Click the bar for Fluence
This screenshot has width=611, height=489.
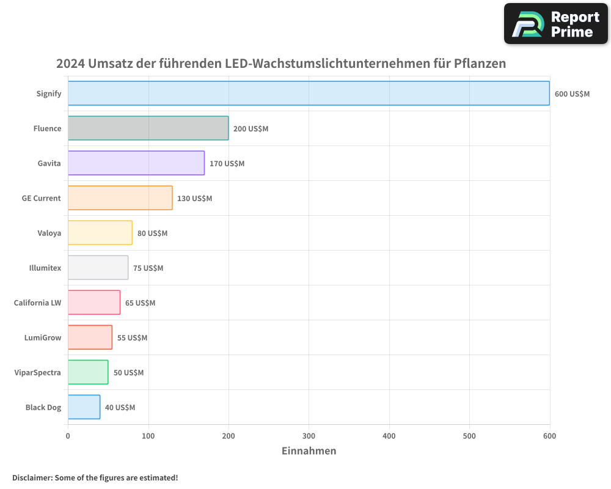pos(148,128)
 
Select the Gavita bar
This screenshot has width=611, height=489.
pos(136,163)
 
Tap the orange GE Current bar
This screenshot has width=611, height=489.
pos(120,198)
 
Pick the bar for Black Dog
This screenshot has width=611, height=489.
pos(84,407)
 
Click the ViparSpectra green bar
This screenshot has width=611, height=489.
pos(88,372)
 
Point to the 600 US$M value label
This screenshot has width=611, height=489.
pos(572,94)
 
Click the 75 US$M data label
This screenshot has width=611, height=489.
pos(148,268)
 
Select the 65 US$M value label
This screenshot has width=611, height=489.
pos(141,303)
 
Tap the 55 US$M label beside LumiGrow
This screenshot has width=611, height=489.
pos(133,337)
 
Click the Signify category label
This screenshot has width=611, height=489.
pos(49,94)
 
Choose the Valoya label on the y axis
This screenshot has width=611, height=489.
pos(49,233)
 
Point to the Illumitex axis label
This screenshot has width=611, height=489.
pos(45,268)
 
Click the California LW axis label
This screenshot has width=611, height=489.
pos(38,303)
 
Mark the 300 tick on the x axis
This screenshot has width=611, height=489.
pos(309,436)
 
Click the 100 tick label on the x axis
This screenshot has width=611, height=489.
pos(148,436)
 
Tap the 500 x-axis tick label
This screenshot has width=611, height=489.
pos(469,436)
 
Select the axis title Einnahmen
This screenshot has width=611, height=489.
pos(309,451)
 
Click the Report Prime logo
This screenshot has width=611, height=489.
pos(555,24)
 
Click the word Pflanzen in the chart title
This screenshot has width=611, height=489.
pos(480,64)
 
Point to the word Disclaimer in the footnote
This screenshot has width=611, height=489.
pos(32,477)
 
